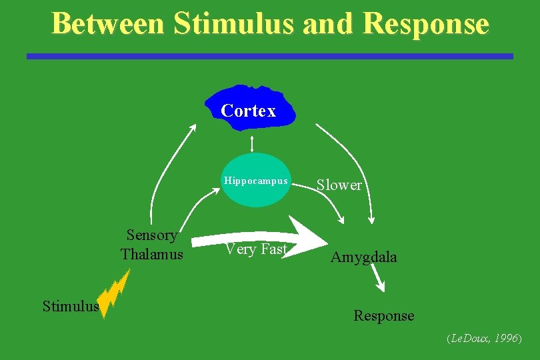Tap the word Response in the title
coord(427,23)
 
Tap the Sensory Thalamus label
coord(152,245)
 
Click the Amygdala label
coord(363,257)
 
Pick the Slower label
coord(339,185)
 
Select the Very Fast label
coord(256,249)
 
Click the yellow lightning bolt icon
coord(113,293)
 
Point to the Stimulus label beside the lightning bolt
coord(70,307)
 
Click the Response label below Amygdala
coord(383,316)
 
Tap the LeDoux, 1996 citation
coord(483,339)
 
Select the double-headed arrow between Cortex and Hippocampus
coord(252,143)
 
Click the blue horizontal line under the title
coord(270,57)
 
